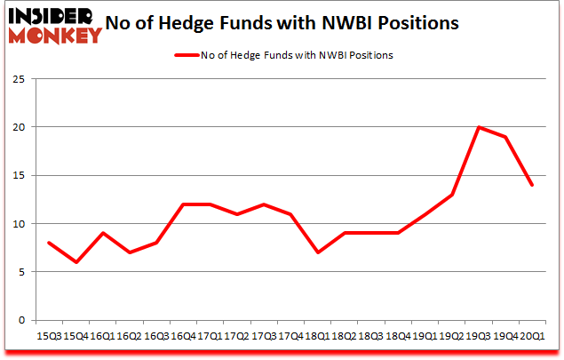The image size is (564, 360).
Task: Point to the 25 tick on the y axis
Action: tap(19, 79)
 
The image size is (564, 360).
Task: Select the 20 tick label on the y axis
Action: tap(19, 127)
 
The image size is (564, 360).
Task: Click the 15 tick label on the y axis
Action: tap(19, 175)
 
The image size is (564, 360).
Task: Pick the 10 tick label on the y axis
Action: tap(19, 224)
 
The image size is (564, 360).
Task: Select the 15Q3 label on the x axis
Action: tap(48, 337)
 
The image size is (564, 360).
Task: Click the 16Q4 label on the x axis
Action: tap(183, 337)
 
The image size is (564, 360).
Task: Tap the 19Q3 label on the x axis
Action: tap(479, 337)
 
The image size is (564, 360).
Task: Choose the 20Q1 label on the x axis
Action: tap(533, 337)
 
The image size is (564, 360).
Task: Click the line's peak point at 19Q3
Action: tap(479, 127)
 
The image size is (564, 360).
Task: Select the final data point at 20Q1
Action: tap(533, 185)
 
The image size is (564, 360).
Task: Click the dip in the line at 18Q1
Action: tap(317, 252)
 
